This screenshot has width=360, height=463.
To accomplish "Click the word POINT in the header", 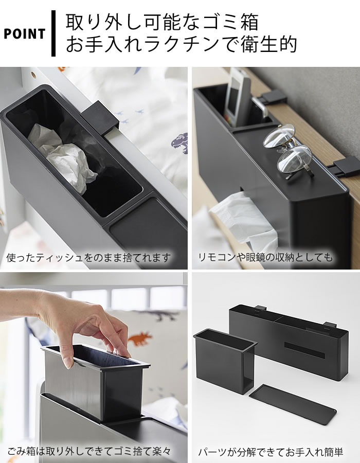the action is click(x=25, y=34).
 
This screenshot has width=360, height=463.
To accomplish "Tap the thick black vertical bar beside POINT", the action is click(x=53, y=33).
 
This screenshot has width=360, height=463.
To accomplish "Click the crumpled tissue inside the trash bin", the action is click(x=63, y=153).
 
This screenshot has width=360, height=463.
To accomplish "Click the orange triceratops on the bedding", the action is click(x=139, y=339).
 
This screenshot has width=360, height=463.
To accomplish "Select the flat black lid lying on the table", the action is click(x=293, y=404).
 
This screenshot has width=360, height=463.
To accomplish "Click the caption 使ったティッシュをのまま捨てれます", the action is click(x=88, y=258).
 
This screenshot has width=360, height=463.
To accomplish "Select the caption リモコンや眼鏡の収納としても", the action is click(x=265, y=258).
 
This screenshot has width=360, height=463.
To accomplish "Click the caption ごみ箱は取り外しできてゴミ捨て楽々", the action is click(x=89, y=451).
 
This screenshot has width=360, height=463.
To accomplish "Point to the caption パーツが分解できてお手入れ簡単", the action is click(x=271, y=452).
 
